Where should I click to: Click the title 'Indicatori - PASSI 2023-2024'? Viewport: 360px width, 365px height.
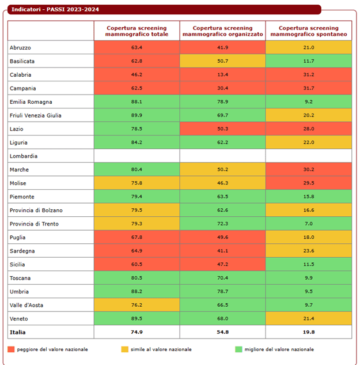coord(52,10)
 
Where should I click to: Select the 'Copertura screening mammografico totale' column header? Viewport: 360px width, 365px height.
coord(137,31)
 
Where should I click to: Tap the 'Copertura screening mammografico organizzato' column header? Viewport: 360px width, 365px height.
coord(222,31)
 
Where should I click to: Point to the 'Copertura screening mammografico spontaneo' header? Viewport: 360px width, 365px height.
coord(308,31)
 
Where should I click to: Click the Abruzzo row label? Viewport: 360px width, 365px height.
coord(21,47)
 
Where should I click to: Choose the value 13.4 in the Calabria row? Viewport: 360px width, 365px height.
coord(222,75)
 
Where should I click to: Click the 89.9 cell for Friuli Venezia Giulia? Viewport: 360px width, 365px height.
coord(137,115)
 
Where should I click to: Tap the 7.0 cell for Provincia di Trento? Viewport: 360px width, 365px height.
coord(308,224)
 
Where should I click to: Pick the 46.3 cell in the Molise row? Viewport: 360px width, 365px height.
coord(222,183)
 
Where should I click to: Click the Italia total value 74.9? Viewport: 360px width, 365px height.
coord(137,332)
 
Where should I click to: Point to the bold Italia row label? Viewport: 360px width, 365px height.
coord(18,332)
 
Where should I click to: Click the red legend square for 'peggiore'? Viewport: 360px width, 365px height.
coord(11,349)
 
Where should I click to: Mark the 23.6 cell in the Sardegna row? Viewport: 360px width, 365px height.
coord(308,251)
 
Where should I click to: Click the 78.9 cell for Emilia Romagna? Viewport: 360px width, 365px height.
coord(222,102)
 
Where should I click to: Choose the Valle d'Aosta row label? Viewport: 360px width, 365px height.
coord(25,305)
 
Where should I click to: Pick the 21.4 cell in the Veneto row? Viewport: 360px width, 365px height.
coord(308,319)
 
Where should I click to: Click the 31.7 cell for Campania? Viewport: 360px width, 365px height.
coord(308,88)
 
